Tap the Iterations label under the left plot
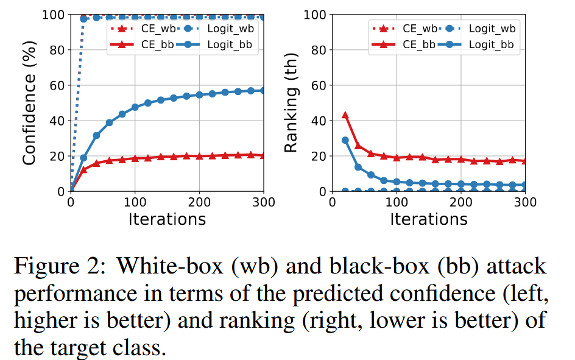(166, 219)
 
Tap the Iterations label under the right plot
(428, 219)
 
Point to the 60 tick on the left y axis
(55, 85)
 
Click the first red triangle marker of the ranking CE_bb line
(345, 115)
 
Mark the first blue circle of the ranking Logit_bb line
(345, 140)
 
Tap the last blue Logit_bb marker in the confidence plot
(263, 91)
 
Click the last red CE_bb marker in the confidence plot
(263, 155)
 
